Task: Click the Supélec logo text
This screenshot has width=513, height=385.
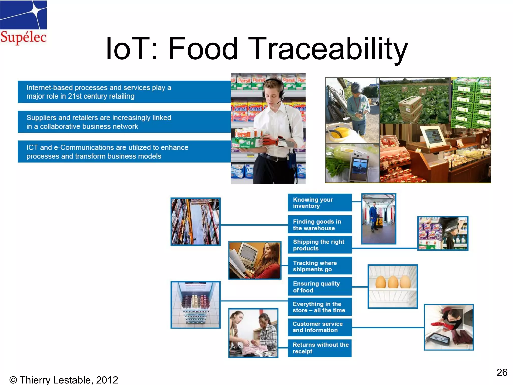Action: pyautogui.click(x=23, y=37)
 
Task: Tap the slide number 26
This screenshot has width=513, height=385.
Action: pyautogui.click(x=502, y=372)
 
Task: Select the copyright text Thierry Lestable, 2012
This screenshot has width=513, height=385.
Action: pyautogui.click(x=64, y=380)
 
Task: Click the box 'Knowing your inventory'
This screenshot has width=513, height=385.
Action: pyautogui.click(x=319, y=203)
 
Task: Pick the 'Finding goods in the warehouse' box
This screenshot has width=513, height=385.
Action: pyautogui.click(x=319, y=225)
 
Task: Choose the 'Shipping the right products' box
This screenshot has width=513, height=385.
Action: pyautogui.click(x=319, y=245)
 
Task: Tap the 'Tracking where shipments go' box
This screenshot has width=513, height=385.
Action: pyautogui.click(x=319, y=266)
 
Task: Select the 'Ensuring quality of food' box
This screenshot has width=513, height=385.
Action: pyautogui.click(x=319, y=287)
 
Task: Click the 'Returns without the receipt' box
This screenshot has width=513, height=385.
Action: pyautogui.click(x=319, y=348)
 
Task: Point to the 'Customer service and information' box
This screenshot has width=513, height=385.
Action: pyautogui.click(x=319, y=327)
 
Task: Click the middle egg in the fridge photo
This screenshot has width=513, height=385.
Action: pyautogui.click(x=393, y=282)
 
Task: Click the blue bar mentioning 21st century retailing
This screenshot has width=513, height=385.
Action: pyautogui.click(x=124, y=92)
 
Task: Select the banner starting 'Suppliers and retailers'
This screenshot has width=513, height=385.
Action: pyautogui.click(x=124, y=122)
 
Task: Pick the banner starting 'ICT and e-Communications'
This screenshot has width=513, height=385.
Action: pyautogui.click(x=124, y=152)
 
